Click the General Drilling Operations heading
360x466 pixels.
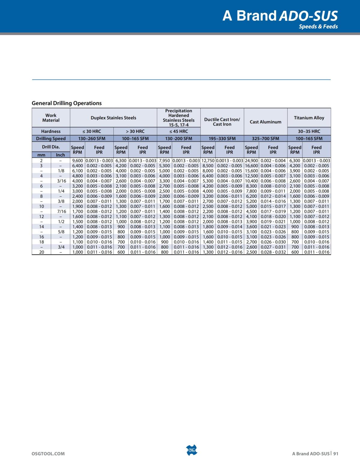(x=67, y=103)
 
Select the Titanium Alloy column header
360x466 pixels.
(x=309, y=118)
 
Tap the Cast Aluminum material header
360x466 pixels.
(x=265, y=122)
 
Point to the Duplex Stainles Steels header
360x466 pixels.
(x=113, y=118)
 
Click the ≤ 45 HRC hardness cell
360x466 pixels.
(x=178, y=131)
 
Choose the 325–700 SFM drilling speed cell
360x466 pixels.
(x=265, y=138)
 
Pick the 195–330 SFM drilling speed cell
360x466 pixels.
(x=222, y=138)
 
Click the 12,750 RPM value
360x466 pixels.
(x=208, y=161)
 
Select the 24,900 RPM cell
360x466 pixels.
(x=251, y=161)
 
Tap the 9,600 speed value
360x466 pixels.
(x=78, y=161)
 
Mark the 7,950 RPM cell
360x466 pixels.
(x=164, y=161)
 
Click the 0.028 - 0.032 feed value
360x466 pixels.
(x=273, y=252)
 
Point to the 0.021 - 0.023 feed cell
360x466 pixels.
(x=273, y=227)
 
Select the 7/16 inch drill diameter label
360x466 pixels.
(x=61, y=211)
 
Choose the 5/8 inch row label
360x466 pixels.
(x=61, y=232)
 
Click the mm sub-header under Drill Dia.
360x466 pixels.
(x=41, y=155)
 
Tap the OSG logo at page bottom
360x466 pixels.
(x=191, y=450)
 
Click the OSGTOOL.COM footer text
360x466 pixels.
(x=48, y=453)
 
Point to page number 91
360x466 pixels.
(x=335, y=453)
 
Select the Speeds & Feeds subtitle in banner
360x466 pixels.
(x=318, y=26)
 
